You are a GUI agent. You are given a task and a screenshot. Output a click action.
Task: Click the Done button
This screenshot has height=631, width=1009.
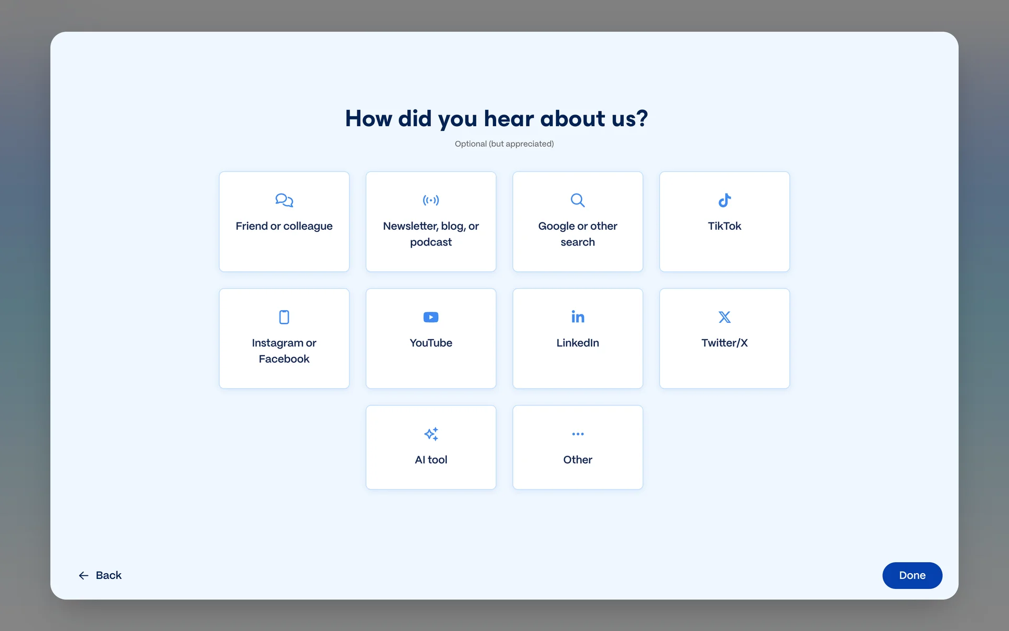(x=912, y=575)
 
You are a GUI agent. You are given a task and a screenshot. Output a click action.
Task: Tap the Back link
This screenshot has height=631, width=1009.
(x=100, y=575)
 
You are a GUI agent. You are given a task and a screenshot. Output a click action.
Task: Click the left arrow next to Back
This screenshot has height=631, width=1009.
(x=84, y=576)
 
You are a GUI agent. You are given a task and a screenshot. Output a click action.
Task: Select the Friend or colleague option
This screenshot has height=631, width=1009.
(x=284, y=221)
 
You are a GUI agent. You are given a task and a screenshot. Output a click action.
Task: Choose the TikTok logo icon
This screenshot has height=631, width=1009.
(x=725, y=200)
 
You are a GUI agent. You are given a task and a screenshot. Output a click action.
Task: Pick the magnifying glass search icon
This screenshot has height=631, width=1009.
(x=578, y=200)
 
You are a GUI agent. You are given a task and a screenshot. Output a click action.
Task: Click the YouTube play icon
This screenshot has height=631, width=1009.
(x=431, y=317)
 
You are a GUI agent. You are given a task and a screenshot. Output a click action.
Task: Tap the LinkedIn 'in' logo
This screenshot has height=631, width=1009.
(x=578, y=317)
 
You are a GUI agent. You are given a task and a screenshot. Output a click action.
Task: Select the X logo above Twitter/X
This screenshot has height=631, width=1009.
(x=725, y=317)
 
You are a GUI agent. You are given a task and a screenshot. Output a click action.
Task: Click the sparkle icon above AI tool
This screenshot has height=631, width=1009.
(x=431, y=434)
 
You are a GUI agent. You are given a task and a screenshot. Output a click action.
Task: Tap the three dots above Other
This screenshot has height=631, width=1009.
(x=578, y=434)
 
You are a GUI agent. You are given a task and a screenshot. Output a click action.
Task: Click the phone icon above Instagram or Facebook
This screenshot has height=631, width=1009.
(x=284, y=317)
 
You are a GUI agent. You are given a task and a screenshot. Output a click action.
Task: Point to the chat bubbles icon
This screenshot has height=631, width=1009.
(x=284, y=200)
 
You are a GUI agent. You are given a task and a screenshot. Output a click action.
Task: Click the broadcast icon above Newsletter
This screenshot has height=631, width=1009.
(x=431, y=200)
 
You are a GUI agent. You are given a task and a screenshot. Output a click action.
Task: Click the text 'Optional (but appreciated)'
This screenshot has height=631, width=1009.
(x=504, y=144)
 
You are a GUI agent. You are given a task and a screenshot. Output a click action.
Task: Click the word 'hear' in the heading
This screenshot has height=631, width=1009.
(x=508, y=118)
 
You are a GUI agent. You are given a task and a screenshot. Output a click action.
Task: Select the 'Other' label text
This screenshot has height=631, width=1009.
(x=578, y=460)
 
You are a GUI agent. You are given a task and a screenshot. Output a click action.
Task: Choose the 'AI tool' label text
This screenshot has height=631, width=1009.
(x=431, y=460)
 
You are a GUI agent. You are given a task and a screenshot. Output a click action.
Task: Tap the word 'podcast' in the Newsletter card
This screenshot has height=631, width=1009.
(x=431, y=242)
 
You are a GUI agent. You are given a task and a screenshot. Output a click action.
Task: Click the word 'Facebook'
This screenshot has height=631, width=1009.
(x=284, y=359)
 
